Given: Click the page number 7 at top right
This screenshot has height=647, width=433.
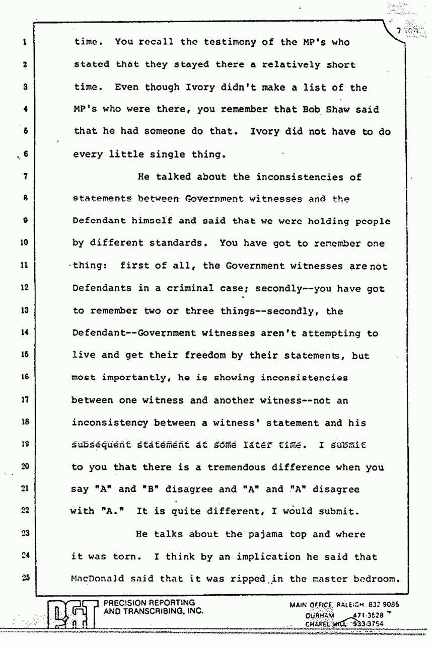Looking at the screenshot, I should (x=398, y=31).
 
